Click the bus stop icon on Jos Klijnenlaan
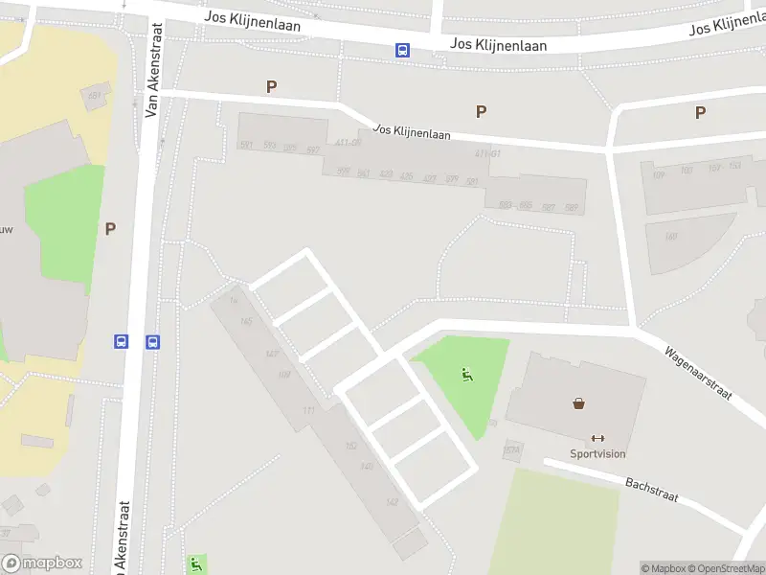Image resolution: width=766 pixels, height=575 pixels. click(404, 51)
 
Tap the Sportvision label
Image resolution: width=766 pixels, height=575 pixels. click(597, 454)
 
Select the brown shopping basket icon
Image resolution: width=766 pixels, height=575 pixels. click(579, 403)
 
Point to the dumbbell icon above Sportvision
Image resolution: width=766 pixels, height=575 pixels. click(598, 438)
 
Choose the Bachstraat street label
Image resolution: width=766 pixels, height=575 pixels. click(651, 491)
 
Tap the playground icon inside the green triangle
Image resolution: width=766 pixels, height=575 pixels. click(467, 375)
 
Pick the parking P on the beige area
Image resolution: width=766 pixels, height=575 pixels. click(110, 228)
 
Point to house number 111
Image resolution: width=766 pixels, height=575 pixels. click(308, 410)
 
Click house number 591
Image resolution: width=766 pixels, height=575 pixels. click(246, 145)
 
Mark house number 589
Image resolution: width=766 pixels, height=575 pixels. click(572, 208)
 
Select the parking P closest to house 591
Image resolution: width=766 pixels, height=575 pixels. click(272, 86)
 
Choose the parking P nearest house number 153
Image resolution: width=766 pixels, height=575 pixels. click(700, 112)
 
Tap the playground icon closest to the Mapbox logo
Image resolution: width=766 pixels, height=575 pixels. click(196, 563)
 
